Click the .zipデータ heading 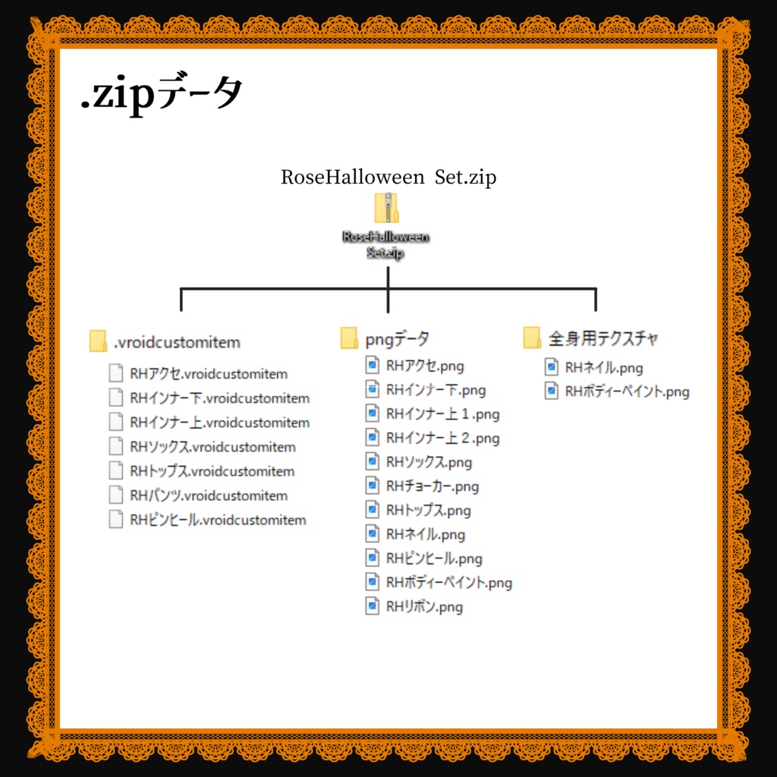[x=162, y=96]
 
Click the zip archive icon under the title [x=386, y=207]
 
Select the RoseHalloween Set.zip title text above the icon [x=388, y=178]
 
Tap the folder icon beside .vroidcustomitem [x=98, y=341]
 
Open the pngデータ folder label [x=396, y=338]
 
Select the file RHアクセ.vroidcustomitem [x=209, y=374]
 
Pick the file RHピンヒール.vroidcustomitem [x=218, y=520]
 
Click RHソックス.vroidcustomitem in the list [x=212, y=447]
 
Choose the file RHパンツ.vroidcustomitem [x=209, y=495]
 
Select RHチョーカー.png [x=433, y=486]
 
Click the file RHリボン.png [x=424, y=607]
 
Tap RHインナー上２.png [x=442, y=438]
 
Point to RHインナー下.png [x=436, y=390]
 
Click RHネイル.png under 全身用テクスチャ [x=604, y=368]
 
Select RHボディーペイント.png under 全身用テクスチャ [x=627, y=392]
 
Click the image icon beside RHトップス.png [x=372, y=510]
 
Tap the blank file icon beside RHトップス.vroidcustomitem [x=115, y=471]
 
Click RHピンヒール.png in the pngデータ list [x=434, y=558]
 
